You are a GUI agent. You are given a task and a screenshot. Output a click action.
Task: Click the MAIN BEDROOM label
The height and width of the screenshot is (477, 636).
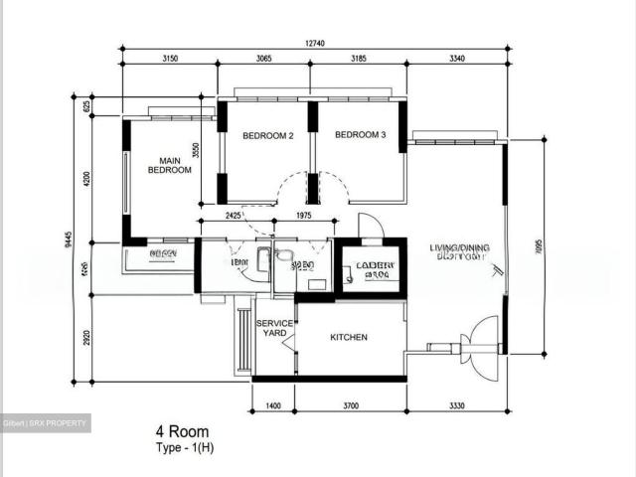(x=169, y=165)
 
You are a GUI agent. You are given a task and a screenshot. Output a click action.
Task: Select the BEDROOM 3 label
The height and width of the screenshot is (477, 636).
(x=360, y=135)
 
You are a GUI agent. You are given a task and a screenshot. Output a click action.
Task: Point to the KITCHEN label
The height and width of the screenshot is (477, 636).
(x=349, y=337)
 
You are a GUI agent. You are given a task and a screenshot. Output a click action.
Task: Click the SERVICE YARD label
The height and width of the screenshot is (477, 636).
(x=274, y=329)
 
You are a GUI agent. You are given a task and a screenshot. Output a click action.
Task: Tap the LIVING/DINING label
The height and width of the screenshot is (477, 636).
(x=457, y=248)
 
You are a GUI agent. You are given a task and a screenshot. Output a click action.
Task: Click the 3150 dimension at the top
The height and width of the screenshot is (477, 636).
(x=169, y=59)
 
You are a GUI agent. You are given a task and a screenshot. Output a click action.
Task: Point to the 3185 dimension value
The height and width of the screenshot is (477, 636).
(x=358, y=59)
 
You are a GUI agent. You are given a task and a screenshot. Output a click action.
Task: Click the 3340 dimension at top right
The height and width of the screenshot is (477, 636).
(x=457, y=59)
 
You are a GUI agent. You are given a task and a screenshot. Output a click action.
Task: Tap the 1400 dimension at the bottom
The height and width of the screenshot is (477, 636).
(x=274, y=407)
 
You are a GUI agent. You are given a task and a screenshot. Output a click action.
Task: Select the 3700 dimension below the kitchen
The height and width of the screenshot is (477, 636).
(x=350, y=407)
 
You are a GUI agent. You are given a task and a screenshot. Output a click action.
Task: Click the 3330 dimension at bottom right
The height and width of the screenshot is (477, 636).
(x=456, y=407)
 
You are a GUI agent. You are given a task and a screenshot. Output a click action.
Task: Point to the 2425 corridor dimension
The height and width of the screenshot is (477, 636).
(x=236, y=215)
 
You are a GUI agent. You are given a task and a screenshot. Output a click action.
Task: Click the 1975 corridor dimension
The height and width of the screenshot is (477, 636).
(x=304, y=215)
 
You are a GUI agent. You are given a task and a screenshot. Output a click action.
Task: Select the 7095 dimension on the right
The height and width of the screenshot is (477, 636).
(x=538, y=244)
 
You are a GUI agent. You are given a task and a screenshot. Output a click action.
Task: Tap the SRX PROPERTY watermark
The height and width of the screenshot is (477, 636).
(x=45, y=423)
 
